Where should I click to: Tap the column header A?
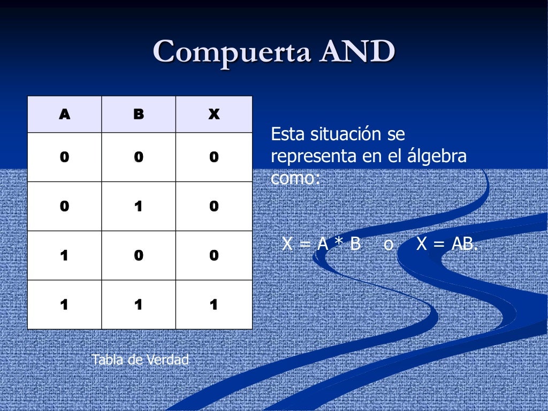point(64,114)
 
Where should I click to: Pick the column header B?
point(139,114)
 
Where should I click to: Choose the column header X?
point(214,114)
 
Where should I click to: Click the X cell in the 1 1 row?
point(214,305)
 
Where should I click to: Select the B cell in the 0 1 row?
point(139,206)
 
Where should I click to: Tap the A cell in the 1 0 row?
point(64,255)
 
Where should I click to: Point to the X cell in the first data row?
point(214,157)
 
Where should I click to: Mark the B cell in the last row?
point(139,305)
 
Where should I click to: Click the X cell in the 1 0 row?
point(214,255)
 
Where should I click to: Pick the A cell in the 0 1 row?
point(64,206)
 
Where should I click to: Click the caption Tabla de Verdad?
point(140,360)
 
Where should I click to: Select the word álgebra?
point(436,157)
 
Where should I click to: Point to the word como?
point(295,178)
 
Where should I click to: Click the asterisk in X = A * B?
point(339,244)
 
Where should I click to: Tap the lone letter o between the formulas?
point(389,245)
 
